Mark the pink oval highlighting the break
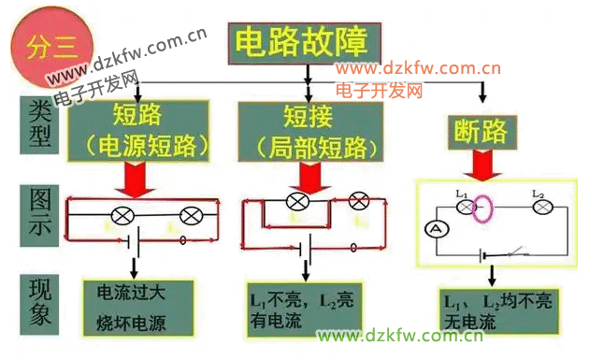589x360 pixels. tap(482, 209)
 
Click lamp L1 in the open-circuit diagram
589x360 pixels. tap(464, 207)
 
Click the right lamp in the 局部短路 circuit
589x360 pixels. tap(359, 200)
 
